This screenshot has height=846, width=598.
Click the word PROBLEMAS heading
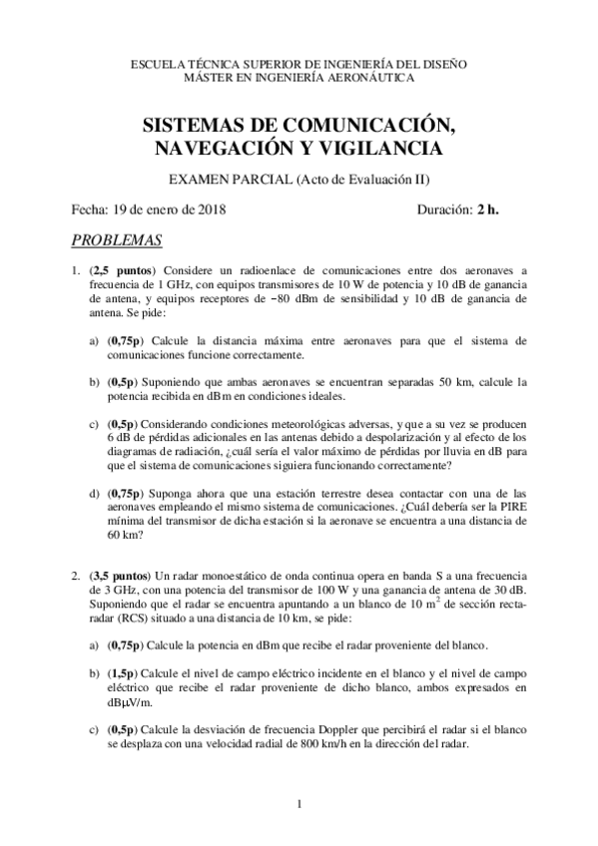click(x=118, y=240)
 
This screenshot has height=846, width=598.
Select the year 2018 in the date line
click(x=211, y=210)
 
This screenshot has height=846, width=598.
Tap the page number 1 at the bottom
click(x=299, y=804)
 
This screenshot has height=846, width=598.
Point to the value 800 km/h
click(x=326, y=742)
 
